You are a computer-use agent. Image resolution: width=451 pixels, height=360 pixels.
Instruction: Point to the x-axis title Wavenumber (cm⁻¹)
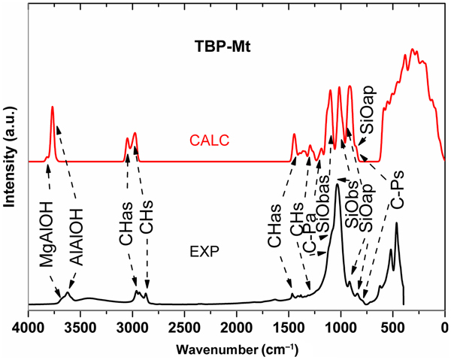coord(237,349)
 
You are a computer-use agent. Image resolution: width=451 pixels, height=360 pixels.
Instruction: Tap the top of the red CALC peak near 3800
coord(52,107)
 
